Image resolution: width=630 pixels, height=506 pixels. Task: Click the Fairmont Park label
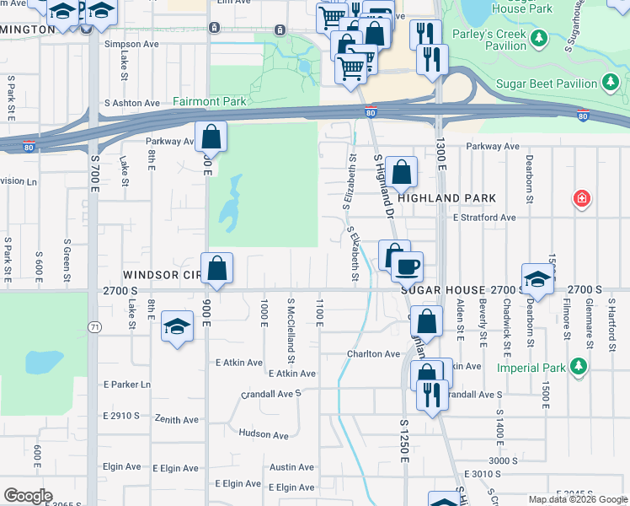tap(210, 101)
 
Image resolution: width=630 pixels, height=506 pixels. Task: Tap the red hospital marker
tap(581, 200)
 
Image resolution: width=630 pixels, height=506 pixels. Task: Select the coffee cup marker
tap(408, 266)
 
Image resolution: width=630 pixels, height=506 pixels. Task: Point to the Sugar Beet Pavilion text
tap(548, 83)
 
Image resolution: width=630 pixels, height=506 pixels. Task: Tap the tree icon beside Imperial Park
tap(578, 367)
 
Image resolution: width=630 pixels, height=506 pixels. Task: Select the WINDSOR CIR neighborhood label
tap(161, 276)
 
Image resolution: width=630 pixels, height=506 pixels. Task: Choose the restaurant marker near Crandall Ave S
tap(432, 394)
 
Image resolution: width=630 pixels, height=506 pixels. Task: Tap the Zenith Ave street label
tap(176, 419)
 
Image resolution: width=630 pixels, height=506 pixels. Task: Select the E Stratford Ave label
tap(483, 218)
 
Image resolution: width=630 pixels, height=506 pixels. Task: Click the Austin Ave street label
tap(291, 467)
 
